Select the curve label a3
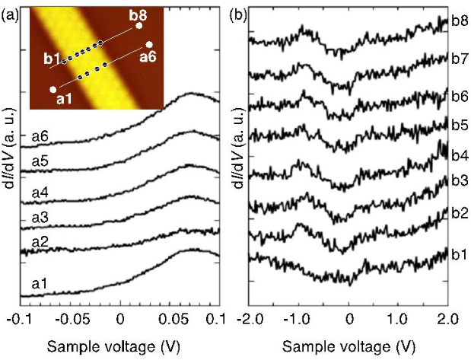(40, 218)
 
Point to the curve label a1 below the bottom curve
(40, 283)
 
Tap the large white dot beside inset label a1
(53, 90)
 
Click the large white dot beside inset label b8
(139, 25)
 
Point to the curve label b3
(459, 180)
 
